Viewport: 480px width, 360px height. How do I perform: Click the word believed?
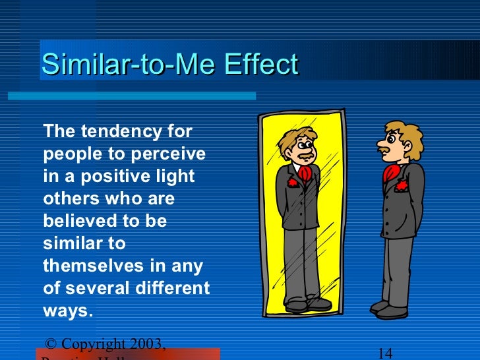coord(81,222)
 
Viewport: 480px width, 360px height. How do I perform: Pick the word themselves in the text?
coord(98,266)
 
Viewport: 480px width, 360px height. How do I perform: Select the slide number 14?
coord(386,353)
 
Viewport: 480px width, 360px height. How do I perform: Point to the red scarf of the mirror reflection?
coord(305,173)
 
